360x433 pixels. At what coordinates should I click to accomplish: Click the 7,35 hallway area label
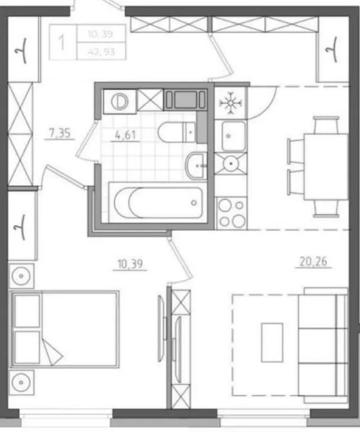59,133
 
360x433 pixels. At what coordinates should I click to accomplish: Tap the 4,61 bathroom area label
125,135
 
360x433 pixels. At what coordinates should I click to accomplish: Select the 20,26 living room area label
313,262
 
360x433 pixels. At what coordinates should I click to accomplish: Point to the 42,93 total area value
101,52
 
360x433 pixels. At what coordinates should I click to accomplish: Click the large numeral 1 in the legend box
63,42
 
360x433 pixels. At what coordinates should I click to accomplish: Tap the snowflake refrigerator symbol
230,103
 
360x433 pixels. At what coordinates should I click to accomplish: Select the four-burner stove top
232,213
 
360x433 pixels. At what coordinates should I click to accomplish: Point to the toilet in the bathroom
177,132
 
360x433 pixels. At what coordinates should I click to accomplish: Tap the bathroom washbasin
196,165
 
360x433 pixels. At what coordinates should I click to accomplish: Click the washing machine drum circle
120,101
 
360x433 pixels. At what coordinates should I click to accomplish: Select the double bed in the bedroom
65,329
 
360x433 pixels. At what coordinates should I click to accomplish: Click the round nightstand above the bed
21,276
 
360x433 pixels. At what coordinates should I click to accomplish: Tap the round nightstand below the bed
21,382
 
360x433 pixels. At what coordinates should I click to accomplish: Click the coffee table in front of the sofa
272,342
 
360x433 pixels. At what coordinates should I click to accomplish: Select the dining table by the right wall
326,166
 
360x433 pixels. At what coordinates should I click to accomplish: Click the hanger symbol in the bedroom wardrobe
21,227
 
